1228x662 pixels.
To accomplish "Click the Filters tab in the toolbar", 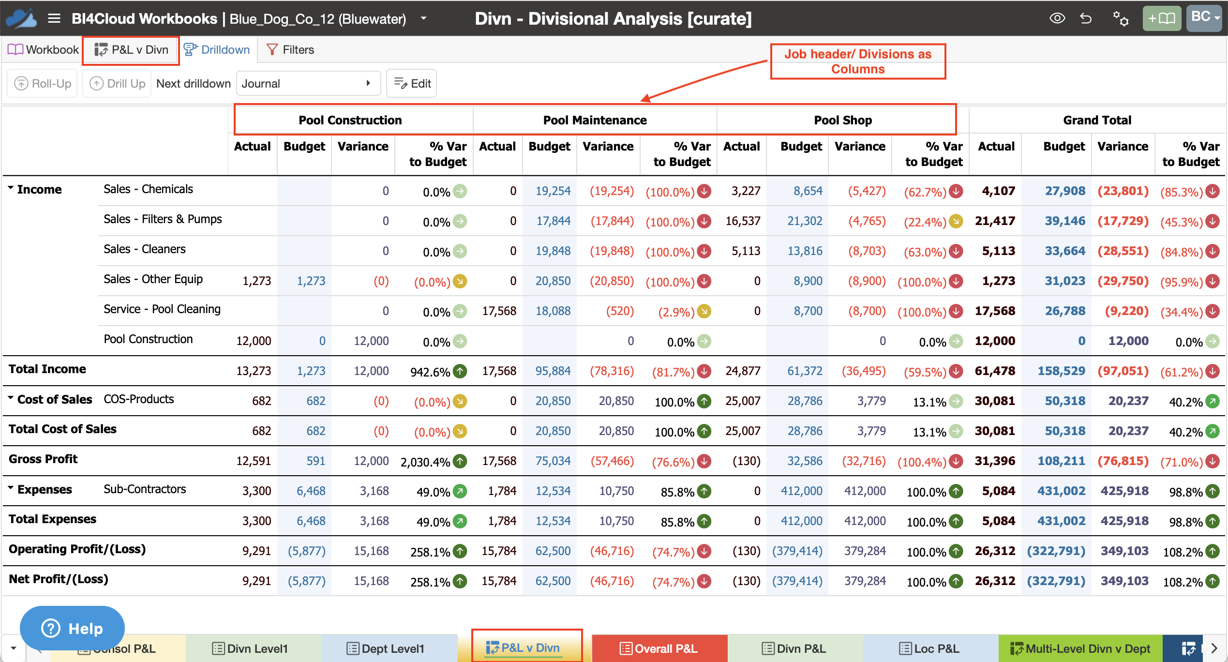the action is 290,50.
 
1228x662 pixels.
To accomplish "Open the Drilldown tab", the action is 217,50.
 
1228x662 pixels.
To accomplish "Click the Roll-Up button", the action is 43,84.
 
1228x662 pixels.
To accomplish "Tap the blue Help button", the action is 72,628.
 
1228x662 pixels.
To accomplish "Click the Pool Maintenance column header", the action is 595,120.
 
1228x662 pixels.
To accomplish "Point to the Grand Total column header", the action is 1097,120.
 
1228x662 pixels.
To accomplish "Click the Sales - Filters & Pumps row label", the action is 163,219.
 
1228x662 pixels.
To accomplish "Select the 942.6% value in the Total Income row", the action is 430,372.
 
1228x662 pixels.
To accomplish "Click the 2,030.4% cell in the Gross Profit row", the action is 425,462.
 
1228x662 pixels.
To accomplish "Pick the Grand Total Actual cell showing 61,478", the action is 995,371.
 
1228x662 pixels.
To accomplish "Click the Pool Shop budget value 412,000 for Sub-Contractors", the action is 801,491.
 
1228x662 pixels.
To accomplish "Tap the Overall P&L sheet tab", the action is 659,648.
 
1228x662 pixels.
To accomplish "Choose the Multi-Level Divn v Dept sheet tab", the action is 1080,648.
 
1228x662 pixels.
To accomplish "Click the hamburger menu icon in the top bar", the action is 54,19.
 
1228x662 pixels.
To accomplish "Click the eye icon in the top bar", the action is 1057,18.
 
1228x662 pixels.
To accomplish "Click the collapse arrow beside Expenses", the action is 11,487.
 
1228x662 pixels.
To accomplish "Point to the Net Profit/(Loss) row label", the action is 59,579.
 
